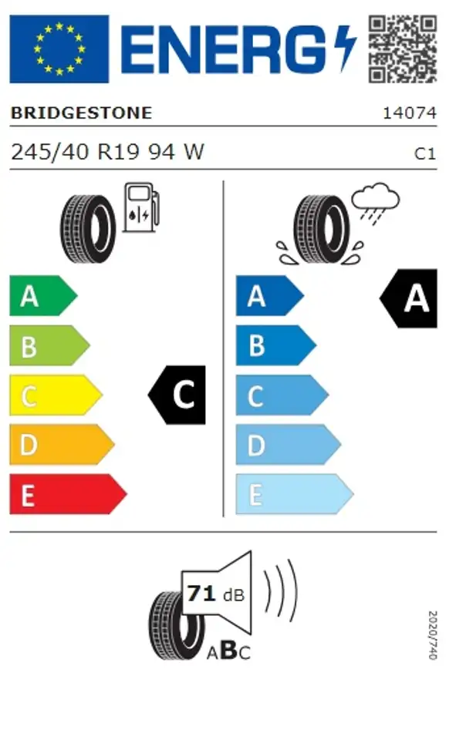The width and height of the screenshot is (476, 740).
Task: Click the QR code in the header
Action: (x=402, y=49)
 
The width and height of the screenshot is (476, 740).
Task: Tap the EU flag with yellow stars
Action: (x=59, y=49)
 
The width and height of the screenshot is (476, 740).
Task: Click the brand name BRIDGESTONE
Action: (x=81, y=113)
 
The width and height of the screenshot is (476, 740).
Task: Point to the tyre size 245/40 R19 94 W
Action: (x=107, y=152)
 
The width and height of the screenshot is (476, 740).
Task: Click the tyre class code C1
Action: (x=425, y=153)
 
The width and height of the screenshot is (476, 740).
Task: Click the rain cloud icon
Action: (x=375, y=202)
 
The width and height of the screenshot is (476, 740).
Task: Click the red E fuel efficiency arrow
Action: (x=66, y=494)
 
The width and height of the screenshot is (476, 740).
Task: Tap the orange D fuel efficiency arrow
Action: (x=60, y=445)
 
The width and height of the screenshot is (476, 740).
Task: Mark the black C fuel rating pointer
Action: (x=178, y=395)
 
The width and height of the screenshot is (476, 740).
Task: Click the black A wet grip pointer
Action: (x=410, y=298)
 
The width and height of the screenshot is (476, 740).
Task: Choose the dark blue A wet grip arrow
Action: (x=268, y=296)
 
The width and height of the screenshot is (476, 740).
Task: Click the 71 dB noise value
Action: (x=215, y=594)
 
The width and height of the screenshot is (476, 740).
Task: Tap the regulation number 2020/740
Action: (x=432, y=635)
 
